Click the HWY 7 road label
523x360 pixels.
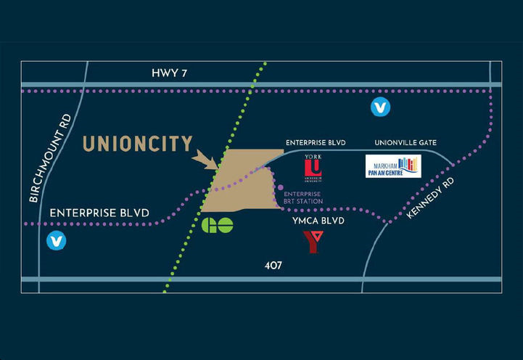coord(170,73)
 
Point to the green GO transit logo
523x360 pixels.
coord(218,225)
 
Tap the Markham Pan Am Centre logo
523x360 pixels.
coord(392,166)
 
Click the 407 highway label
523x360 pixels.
coord(273,266)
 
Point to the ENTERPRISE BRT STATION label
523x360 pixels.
coord(303,197)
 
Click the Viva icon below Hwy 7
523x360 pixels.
coord(380,107)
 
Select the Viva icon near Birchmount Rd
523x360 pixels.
coord(56,241)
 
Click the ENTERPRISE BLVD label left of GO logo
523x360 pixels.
coord(99,213)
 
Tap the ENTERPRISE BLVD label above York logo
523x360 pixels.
coord(317,143)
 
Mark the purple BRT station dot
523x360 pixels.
coord(280,187)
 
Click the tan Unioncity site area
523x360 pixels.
coord(243,181)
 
